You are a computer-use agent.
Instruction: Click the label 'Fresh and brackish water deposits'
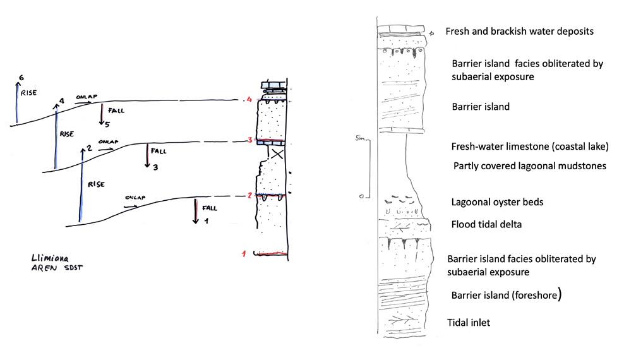tap(519, 31)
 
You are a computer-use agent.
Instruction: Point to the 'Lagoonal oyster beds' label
tap(498, 202)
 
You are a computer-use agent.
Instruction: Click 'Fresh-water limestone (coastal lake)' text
tap(529, 147)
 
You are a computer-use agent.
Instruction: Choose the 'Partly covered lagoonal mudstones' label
tap(530, 166)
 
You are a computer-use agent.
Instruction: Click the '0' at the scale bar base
tap(361, 196)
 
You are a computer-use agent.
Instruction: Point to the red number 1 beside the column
tap(243, 254)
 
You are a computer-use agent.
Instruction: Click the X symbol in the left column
tap(275, 153)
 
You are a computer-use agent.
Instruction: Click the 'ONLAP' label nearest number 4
tap(85, 98)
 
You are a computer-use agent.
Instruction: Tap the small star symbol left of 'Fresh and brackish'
tap(432, 32)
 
